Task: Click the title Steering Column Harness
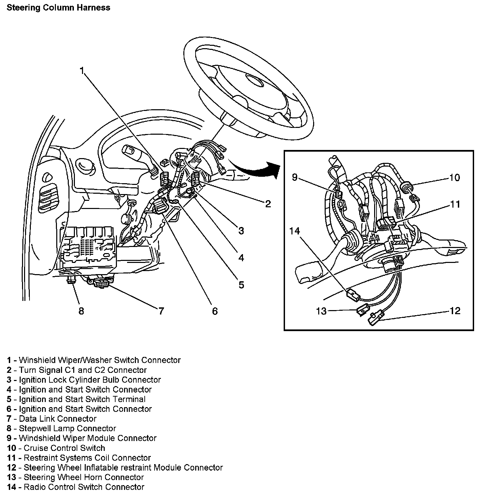[58, 8]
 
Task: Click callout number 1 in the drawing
[82, 71]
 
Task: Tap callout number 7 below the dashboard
[161, 310]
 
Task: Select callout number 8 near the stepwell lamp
[81, 310]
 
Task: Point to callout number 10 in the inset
[454, 177]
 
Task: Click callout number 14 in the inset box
[294, 231]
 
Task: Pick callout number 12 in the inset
[455, 310]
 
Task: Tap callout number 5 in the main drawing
[241, 285]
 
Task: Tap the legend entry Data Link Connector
[58, 419]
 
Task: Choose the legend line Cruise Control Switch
[64, 448]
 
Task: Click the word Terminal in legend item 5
[129, 399]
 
